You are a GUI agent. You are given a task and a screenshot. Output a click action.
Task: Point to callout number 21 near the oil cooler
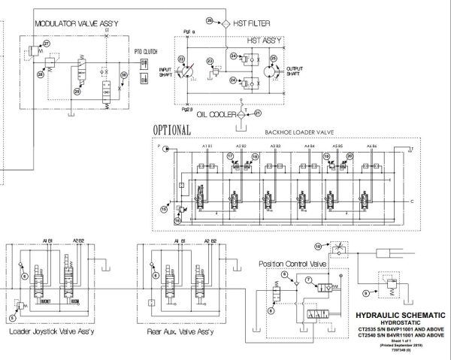point(258,113)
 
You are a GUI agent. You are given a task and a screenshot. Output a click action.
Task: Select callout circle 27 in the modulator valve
point(47,44)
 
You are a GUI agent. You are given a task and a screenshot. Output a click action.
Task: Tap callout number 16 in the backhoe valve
point(165,208)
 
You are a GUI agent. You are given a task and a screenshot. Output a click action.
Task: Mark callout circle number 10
point(318,246)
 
